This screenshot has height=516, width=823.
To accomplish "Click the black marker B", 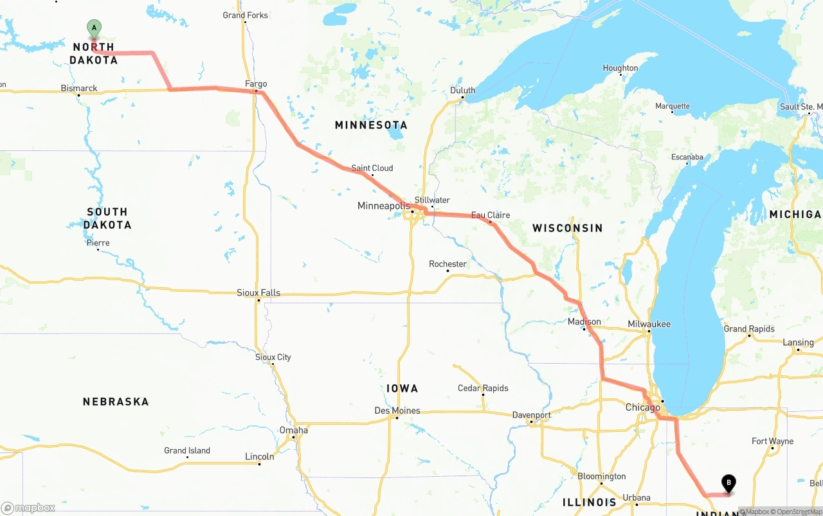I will pyautogui.click(x=728, y=483).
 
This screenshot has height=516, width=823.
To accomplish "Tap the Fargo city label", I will pyautogui.click(x=256, y=84).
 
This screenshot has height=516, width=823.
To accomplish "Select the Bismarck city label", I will pyautogui.click(x=79, y=88).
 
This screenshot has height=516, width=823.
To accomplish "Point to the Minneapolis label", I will pyautogui.click(x=383, y=206).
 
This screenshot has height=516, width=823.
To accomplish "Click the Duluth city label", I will pyautogui.click(x=462, y=91).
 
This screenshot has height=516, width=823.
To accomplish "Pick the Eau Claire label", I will pyautogui.click(x=491, y=215).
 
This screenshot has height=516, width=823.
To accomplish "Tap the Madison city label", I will pyautogui.click(x=584, y=321).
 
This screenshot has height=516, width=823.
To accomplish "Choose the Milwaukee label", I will pyautogui.click(x=649, y=324).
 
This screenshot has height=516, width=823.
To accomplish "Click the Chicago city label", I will pyautogui.click(x=642, y=407).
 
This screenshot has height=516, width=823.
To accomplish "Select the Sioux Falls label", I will pyautogui.click(x=258, y=292).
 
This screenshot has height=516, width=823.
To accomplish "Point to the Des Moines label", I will pyautogui.click(x=397, y=411).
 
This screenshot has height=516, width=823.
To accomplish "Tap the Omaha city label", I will pyautogui.click(x=293, y=430).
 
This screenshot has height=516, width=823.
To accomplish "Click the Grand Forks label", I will pyautogui.click(x=245, y=15).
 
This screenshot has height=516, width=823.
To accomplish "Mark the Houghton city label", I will pyautogui.click(x=620, y=68).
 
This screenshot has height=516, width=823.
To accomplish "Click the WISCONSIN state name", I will pyautogui.click(x=568, y=228).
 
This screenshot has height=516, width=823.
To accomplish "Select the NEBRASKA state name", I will pyautogui.click(x=116, y=402).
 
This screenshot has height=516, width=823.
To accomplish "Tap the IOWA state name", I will pyautogui.click(x=402, y=388).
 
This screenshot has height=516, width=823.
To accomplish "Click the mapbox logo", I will pyautogui.click(x=28, y=508).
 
